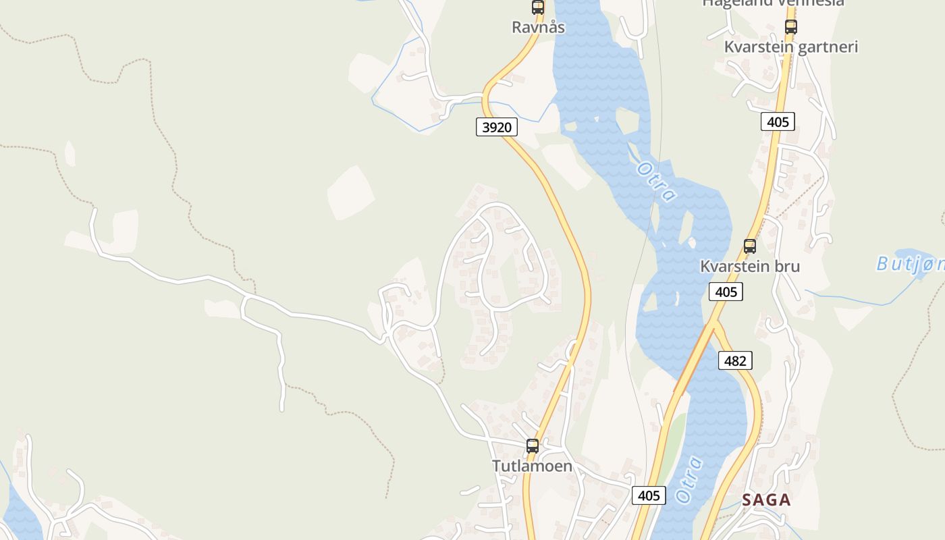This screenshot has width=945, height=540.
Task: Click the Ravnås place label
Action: pos(538,27)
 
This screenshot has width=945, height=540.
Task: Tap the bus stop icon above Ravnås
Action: pos(538,7)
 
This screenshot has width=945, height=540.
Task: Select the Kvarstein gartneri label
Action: pos(790,47)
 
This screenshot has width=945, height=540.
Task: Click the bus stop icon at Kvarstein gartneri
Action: pos(791,27)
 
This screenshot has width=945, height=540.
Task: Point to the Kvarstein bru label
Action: pos(749,266)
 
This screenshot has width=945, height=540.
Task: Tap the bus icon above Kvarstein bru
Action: pos(750,246)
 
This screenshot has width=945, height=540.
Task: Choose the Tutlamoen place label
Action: pos(532,466)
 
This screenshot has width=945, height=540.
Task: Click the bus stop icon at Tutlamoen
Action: pos(533,446)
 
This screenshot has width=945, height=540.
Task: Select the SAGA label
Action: pos(766,500)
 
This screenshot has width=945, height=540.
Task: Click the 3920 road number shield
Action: pos(496,127)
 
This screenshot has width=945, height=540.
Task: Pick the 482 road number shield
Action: pos(734,360)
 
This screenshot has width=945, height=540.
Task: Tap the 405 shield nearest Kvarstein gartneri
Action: pos(778,122)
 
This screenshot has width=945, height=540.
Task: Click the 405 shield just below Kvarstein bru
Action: pos(726,292)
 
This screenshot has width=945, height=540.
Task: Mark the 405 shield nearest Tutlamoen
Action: pos(649,495)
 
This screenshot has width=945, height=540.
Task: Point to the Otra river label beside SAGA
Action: pos(689,480)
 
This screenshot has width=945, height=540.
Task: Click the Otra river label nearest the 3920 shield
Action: pos(655,181)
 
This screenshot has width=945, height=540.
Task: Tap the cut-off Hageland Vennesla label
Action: pos(773,3)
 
